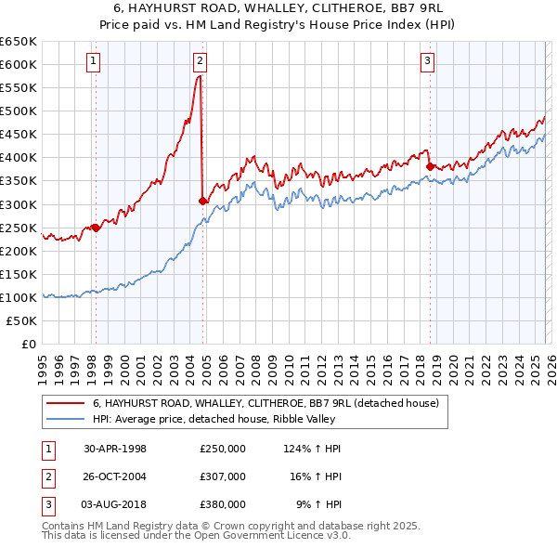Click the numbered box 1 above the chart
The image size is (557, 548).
[x=95, y=62]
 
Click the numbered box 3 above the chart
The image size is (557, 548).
[x=427, y=62]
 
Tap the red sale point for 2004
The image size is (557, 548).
[x=202, y=200]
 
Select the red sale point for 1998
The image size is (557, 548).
[x=96, y=227]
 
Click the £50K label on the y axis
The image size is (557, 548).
[x=22, y=320]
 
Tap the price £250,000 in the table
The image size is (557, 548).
[x=222, y=448]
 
